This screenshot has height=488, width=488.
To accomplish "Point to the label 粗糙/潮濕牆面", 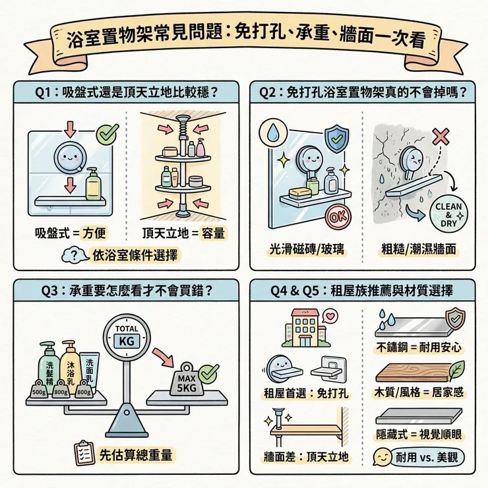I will tap(419, 249).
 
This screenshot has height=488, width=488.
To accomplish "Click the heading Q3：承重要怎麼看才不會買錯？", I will tap(123, 288).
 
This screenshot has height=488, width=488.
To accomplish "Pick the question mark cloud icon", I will tap(78, 255).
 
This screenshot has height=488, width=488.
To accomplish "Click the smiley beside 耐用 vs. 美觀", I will tap(381, 456).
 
